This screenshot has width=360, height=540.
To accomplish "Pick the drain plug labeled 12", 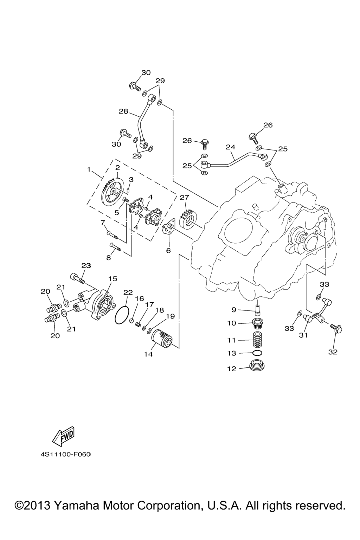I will pyautogui.click(x=258, y=367).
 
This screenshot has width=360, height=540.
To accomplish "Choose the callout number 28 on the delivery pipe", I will pyautogui.click(x=123, y=111).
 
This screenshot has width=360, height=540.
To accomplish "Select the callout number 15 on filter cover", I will pyautogui.click(x=112, y=278).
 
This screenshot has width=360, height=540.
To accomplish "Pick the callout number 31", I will pyautogui.click(x=303, y=335).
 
